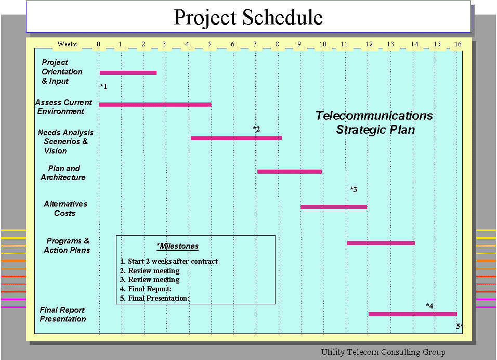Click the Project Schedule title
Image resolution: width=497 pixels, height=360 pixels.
248,17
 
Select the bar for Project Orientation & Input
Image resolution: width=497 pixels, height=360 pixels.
128,73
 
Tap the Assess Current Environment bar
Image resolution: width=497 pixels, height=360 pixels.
155,105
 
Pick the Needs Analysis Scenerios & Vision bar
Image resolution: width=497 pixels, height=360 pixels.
236,138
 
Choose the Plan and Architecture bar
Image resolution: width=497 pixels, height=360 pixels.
290,172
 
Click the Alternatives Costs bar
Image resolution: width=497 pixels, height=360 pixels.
334,207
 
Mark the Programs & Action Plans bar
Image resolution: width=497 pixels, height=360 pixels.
381,243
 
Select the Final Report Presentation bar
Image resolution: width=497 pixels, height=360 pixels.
413,314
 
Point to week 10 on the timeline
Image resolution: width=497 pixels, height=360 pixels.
323,44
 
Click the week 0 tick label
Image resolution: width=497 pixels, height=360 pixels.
99,44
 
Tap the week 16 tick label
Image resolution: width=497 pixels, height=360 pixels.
457,44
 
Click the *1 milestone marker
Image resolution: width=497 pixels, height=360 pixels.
103,86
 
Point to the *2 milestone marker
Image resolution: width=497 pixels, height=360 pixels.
256,129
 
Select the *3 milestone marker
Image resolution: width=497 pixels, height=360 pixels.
354,189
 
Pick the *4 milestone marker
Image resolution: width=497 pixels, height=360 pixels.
429,306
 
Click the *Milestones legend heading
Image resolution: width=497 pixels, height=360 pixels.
178,246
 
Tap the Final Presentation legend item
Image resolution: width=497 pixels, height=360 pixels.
155,298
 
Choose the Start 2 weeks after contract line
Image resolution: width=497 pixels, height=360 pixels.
169,261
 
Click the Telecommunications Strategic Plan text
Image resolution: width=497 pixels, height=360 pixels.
375,122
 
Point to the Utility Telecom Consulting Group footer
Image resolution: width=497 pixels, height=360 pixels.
383,352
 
